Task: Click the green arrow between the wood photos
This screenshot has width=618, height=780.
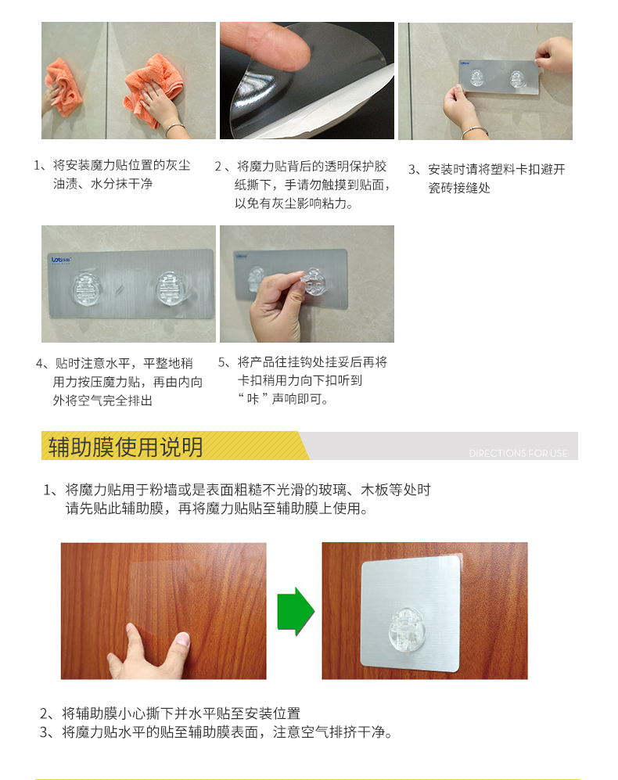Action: point(296,611)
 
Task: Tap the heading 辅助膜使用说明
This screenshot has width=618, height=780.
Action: point(125,447)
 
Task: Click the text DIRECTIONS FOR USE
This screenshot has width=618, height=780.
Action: point(518,453)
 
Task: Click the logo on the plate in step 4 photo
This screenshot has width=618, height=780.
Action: point(61,260)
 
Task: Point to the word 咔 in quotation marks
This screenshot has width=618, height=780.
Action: point(253,399)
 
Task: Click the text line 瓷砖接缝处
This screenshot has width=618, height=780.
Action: point(459,188)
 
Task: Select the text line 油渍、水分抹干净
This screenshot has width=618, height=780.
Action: point(102,184)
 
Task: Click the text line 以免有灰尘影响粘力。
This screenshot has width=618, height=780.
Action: point(294,203)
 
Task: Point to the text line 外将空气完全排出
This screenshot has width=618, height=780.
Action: point(102,401)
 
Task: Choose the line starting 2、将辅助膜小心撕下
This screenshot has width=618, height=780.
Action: point(171,714)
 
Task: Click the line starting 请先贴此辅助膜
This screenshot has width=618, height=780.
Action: point(217,509)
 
